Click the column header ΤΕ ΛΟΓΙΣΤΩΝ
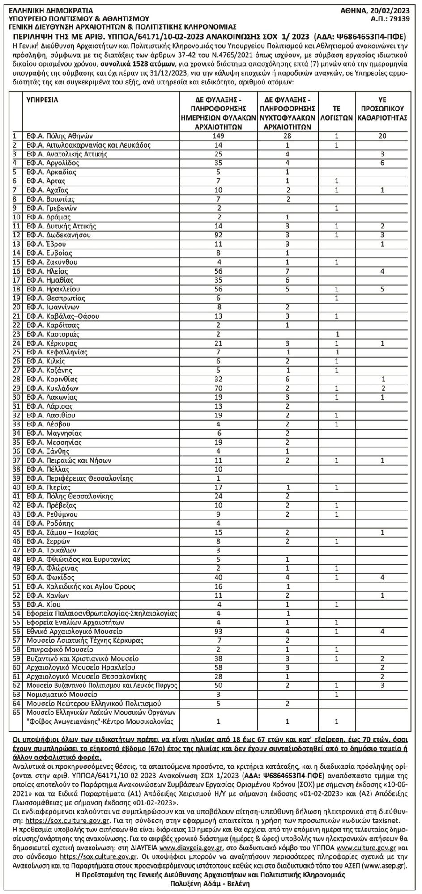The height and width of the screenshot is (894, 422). coord(337,113)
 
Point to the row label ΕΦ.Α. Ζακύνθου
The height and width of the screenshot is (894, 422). coord(52,262)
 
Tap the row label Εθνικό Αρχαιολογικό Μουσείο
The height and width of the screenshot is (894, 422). coord(74,631)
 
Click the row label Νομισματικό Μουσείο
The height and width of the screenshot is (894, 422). coord(62,694)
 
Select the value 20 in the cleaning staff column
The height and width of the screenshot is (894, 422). coord(382,136)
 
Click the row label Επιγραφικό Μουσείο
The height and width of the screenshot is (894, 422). coord(56,649)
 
